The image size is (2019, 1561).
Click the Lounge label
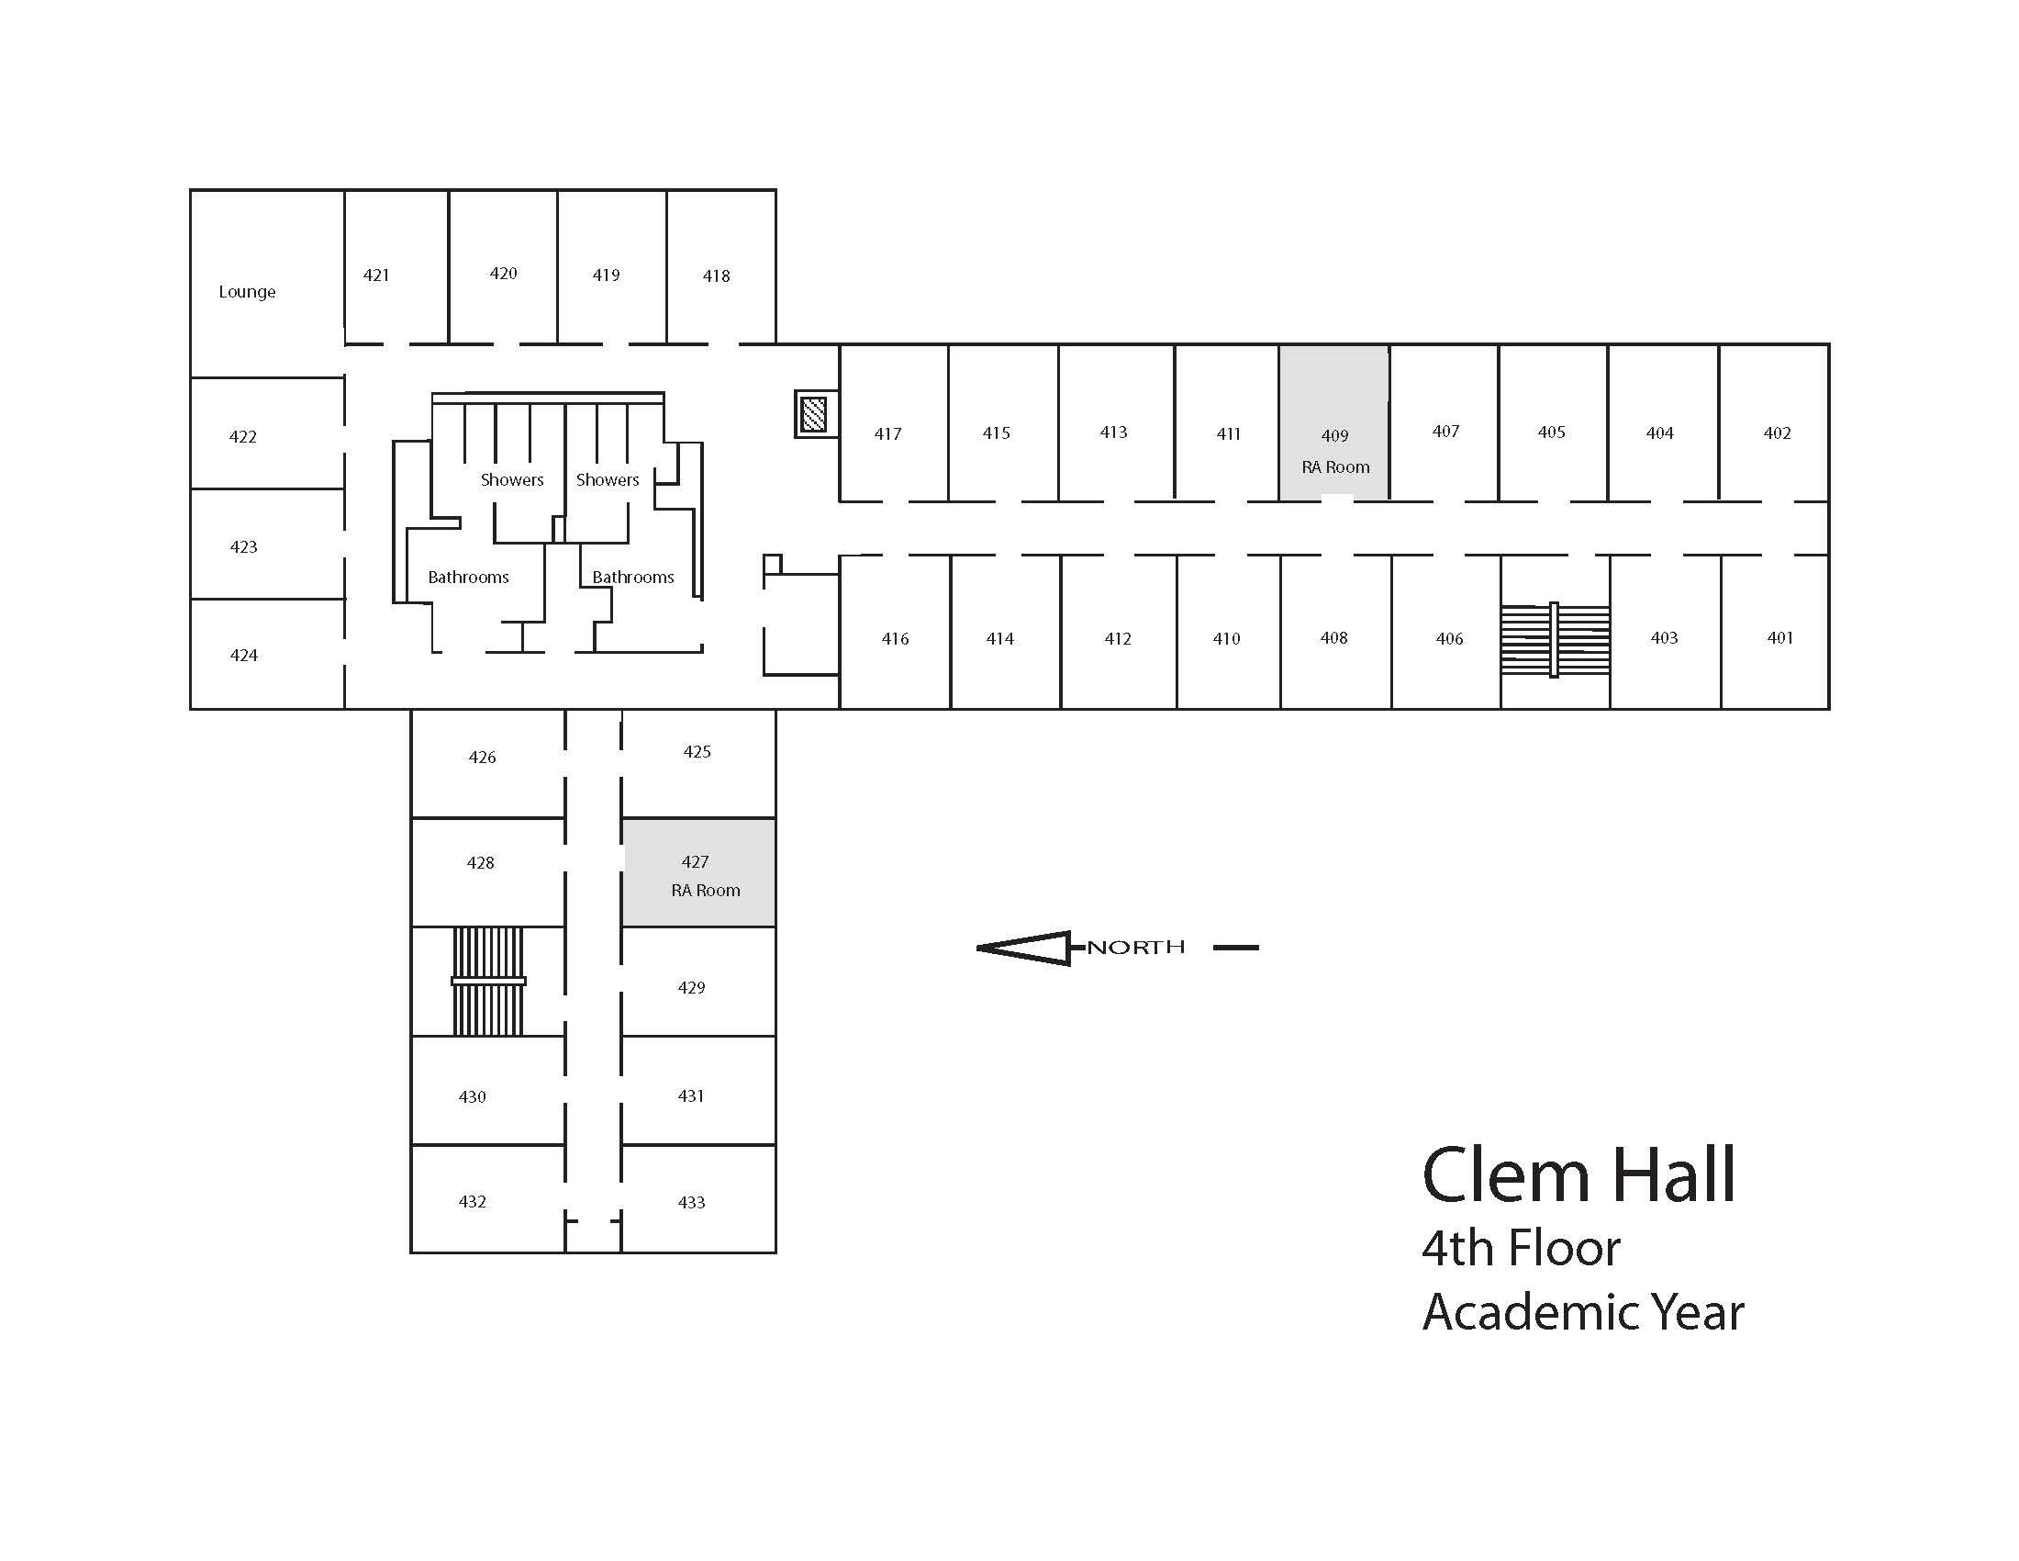(247, 292)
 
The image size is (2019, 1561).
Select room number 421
(376, 275)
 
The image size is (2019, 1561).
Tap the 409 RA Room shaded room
(1334, 423)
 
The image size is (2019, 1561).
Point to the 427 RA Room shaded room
(699, 873)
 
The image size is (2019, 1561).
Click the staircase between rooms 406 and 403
(1555, 639)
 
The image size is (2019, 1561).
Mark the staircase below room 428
(488, 982)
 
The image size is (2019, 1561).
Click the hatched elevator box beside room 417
(813, 413)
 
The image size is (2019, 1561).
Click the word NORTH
(1135, 947)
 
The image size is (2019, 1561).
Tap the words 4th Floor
(1521, 1249)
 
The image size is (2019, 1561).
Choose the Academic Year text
(1583, 1312)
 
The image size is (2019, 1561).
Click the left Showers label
(512, 480)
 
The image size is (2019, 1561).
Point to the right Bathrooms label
(633, 577)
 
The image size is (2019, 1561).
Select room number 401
(1779, 637)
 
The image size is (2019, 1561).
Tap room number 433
(691, 1202)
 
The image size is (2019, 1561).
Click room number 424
(244, 656)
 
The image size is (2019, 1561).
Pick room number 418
(717, 275)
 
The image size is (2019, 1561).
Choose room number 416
(895, 638)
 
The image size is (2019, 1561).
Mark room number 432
(473, 1201)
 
